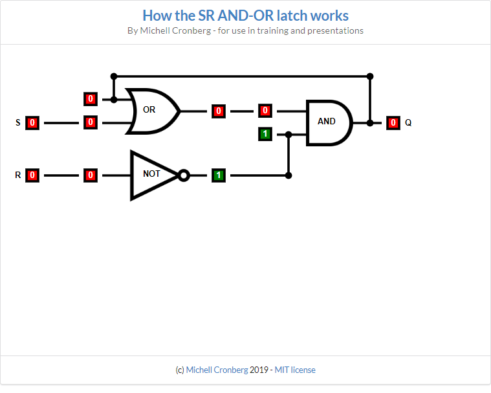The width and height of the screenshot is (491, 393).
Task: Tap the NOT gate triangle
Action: (153, 175)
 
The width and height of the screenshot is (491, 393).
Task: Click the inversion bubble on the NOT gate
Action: (184, 175)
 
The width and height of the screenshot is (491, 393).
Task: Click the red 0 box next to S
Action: (32, 122)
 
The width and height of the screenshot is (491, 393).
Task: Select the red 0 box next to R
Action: (32, 175)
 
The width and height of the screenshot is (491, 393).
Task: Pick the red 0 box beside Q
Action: (393, 122)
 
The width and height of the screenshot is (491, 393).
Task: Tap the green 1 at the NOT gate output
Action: (219, 175)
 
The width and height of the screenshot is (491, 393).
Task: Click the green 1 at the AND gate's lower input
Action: (265, 135)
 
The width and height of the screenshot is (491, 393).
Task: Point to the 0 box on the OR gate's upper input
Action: (91, 99)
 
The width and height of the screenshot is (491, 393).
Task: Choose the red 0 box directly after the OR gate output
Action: (219, 111)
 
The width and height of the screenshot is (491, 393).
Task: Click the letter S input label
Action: (17, 122)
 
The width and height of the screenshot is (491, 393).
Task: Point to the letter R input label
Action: (17, 175)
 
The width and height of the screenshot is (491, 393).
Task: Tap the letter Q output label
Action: (408, 122)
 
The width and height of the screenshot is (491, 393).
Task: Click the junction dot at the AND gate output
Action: (369, 122)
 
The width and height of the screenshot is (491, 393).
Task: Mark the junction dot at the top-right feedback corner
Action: (369, 76)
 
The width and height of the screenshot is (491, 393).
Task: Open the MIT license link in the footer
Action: (295, 370)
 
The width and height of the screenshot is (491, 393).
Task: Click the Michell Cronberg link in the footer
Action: (217, 370)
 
